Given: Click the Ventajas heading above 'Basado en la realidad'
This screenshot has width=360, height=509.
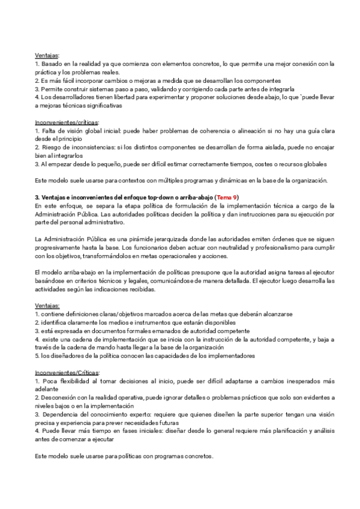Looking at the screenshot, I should (47, 55).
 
